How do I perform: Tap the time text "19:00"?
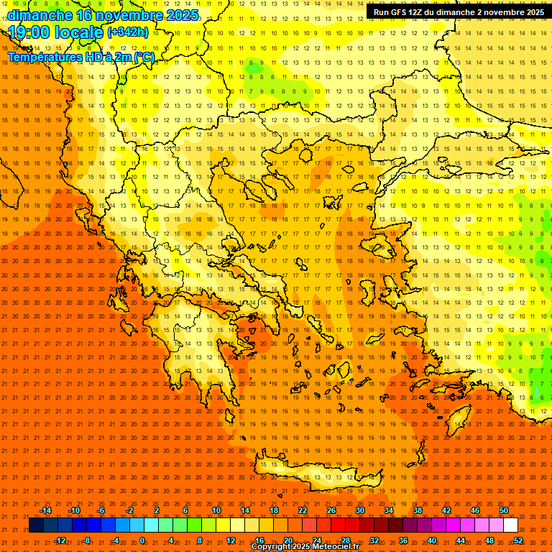(x=30, y=32)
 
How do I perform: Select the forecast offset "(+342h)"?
(x=127, y=32)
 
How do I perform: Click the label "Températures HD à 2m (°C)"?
(x=80, y=57)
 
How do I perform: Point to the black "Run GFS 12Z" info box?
(x=458, y=12)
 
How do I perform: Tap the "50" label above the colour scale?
(x=504, y=510)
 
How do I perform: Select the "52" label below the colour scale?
(x=518, y=540)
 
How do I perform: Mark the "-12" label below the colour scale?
(x=60, y=540)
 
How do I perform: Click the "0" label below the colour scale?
(x=142, y=540)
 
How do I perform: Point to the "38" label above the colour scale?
(x=418, y=510)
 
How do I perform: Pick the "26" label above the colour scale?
(x=331, y=510)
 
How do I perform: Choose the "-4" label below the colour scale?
(x=115, y=540)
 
